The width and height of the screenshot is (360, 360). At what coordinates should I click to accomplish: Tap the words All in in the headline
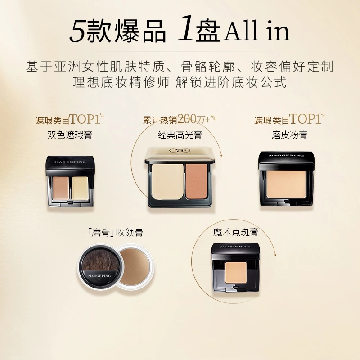256,31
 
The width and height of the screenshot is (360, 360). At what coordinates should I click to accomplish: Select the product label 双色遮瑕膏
70,135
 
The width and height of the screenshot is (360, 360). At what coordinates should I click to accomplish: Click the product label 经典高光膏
180,135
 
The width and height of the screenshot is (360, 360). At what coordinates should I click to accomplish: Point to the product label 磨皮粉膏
289,135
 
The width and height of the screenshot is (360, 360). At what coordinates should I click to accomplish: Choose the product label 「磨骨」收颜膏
116,232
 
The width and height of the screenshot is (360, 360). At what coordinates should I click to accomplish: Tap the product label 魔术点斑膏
236,232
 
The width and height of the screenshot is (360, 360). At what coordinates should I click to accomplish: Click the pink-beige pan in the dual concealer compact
61,188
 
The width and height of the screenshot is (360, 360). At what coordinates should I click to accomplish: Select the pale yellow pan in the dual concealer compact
81,188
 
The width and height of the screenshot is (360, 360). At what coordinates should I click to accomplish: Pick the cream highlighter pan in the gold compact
167,181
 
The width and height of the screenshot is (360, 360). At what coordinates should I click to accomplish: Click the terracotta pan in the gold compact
197,181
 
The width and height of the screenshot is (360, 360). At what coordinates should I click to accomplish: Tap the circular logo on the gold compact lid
180,151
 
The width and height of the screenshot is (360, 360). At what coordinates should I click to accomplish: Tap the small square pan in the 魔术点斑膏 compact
236,272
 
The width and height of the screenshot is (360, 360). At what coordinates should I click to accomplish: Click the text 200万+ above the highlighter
194,119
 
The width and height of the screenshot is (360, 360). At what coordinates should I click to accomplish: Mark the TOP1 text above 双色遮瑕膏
85,119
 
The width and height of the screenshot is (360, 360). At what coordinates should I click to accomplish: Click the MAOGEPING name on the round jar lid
99,275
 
